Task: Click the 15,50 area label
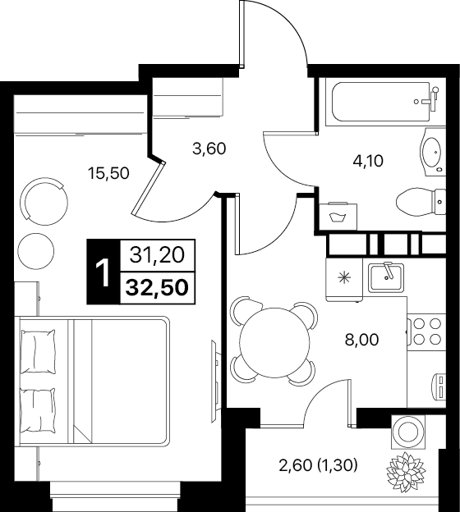[109, 173]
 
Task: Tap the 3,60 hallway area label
[209, 149]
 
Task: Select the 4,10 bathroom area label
[368, 161]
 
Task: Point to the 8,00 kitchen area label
[361, 340]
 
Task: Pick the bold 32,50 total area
[158, 288]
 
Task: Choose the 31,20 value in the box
[157, 254]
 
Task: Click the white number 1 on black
[103, 272]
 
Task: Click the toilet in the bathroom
[421, 201]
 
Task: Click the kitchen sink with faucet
[386, 277]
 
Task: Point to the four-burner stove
[426, 331]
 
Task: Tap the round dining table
[274, 342]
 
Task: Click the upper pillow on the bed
[38, 351]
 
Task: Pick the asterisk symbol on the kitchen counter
[344, 278]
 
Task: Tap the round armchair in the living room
[44, 201]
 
